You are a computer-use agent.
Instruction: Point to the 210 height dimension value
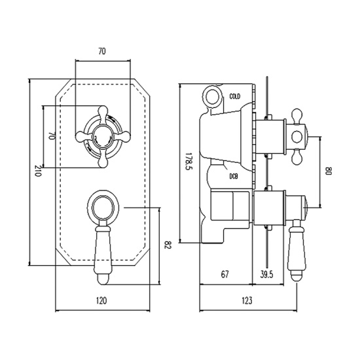point(37,173)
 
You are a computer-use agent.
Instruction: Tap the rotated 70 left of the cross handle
point(50,137)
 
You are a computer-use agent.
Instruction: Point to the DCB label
point(234,175)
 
